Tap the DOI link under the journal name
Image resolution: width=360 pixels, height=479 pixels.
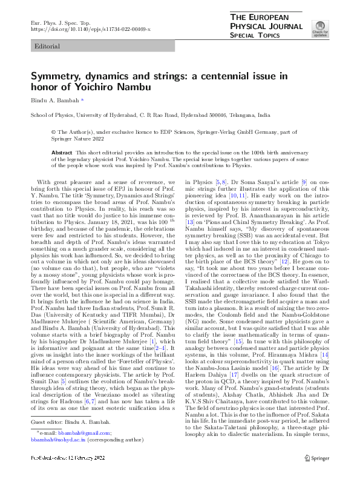(90, 29)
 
